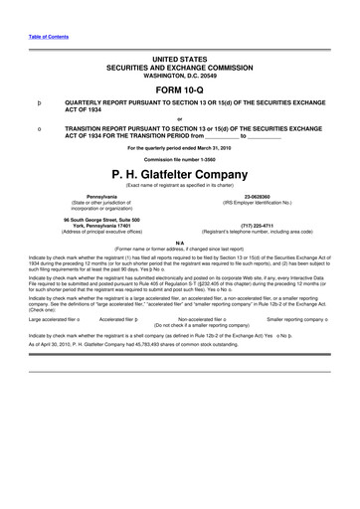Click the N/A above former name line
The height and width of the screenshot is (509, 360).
click(179, 242)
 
